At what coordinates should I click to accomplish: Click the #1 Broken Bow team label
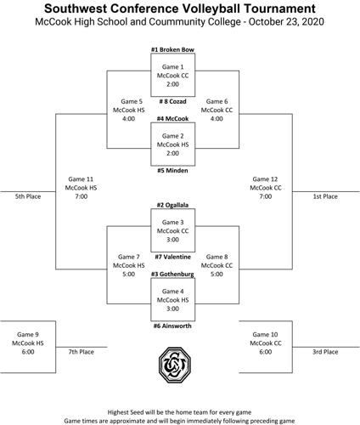click(x=173, y=50)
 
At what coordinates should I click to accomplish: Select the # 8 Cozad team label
click(x=173, y=100)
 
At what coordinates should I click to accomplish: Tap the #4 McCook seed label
click(x=173, y=119)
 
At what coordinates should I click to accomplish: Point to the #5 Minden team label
click(x=173, y=170)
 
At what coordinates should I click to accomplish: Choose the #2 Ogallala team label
click(x=173, y=205)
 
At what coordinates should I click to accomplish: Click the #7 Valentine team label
click(x=173, y=256)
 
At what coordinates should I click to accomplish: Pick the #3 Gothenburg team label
click(x=173, y=275)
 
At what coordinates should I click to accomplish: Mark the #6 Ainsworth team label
click(x=173, y=326)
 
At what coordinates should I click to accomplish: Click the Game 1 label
click(x=173, y=66)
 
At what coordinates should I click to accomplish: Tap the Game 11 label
click(x=79, y=179)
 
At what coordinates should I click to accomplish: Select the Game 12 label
click(x=267, y=179)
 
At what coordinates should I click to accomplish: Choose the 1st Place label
click(x=324, y=196)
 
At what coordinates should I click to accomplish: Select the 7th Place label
click(x=82, y=350)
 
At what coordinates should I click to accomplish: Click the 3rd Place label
click(x=324, y=350)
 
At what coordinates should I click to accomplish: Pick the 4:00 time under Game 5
click(x=128, y=119)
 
